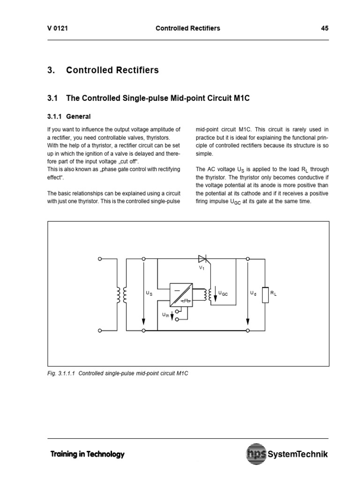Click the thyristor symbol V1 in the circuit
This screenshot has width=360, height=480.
[x=202, y=258]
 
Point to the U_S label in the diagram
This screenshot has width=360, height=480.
[x=149, y=293]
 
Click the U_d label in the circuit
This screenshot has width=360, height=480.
[x=253, y=293]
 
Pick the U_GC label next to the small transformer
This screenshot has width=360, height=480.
[x=223, y=293]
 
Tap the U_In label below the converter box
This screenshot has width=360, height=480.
[x=165, y=315]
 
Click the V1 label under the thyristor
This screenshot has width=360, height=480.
[x=202, y=268]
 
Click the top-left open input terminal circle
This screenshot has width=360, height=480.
[x=99, y=258]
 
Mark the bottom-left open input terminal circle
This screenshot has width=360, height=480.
[x=99, y=330]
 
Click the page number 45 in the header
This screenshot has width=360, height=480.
[x=325, y=28]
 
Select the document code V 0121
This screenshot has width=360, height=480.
[x=58, y=28]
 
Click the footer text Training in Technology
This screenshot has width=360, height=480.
[x=87, y=454]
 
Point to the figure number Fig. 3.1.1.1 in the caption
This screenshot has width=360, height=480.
[x=62, y=374]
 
